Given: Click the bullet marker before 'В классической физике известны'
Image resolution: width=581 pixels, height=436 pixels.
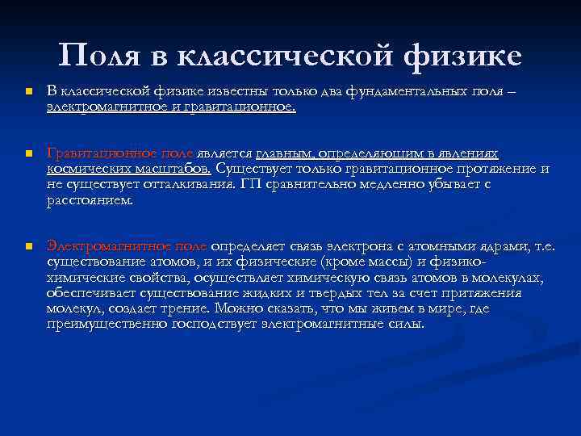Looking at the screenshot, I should (27, 93).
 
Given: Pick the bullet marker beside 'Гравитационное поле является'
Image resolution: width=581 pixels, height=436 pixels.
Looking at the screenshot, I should (27, 153).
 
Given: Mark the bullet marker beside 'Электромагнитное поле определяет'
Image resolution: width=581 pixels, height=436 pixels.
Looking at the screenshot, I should (27, 246).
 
